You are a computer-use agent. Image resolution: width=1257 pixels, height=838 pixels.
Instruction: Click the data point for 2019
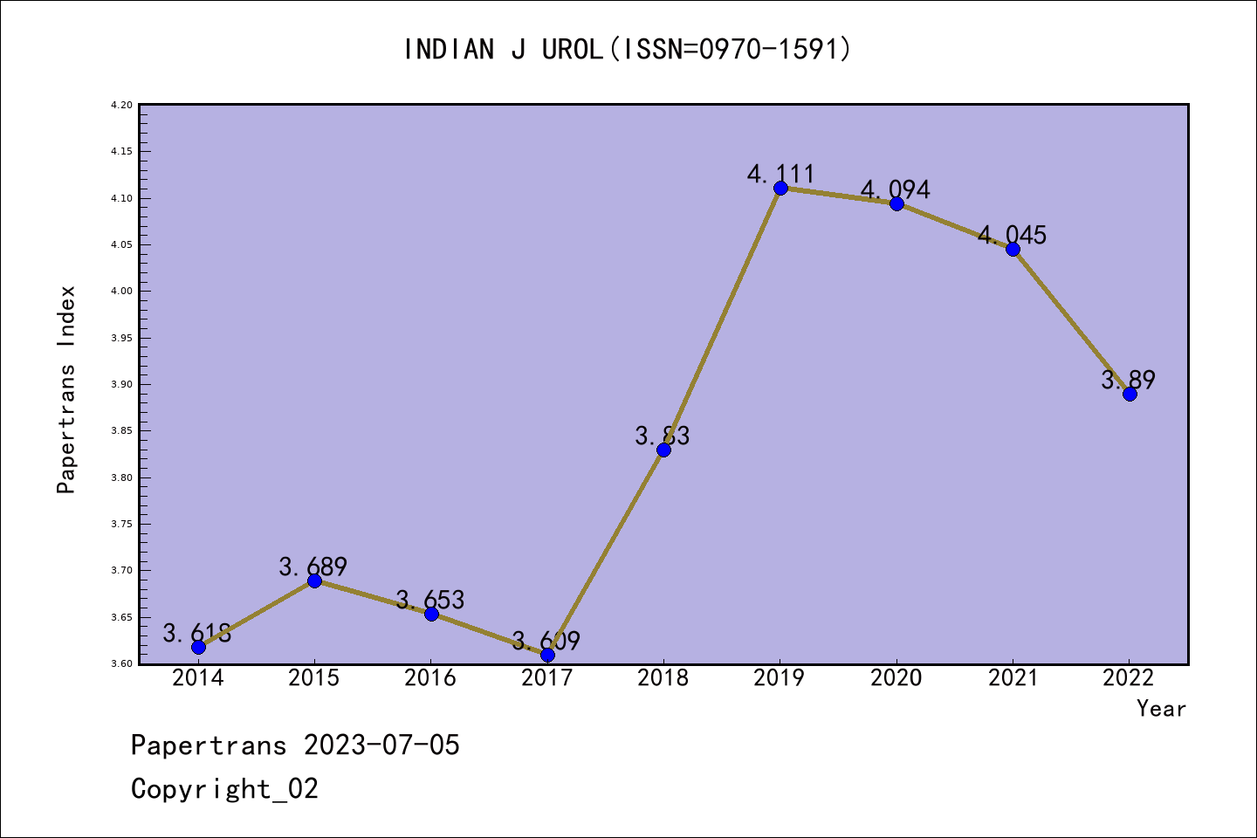point(780,188)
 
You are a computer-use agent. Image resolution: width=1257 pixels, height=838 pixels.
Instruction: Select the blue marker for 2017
point(547,655)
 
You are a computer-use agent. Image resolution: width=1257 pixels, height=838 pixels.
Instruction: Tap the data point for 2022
point(1130,394)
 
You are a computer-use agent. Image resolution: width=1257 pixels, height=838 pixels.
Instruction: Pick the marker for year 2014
point(198,647)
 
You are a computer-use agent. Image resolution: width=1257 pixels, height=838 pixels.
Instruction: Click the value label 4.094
point(896,189)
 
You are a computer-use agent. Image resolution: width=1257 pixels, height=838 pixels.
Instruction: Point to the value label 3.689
point(313,567)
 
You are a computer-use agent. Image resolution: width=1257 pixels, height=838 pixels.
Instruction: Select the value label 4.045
point(1012,235)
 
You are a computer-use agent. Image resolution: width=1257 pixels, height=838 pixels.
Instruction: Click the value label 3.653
point(430,600)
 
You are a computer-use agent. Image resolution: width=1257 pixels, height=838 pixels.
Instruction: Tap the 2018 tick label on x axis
point(663,678)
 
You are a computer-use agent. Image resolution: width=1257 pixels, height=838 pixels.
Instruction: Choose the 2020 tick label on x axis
point(896,678)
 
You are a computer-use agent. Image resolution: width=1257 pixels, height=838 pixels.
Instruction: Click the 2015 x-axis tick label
point(314,678)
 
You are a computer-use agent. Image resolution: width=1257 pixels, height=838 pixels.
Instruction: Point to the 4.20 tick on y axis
point(121,106)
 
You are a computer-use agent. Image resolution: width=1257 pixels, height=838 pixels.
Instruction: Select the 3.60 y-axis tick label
point(121,664)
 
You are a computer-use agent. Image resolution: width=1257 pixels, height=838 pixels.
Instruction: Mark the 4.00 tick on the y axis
point(121,292)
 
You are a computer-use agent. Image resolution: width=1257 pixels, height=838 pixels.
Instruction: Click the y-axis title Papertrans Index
point(67,389)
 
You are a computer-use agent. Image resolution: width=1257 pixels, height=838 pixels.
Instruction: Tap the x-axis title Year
point(1161,709)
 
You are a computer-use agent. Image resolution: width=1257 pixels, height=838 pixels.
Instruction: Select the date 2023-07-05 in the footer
point(381,745)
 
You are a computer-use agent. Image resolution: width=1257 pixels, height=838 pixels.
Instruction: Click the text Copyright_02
point(224,789)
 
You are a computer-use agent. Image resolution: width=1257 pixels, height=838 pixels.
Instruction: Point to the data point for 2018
point(663,450)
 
